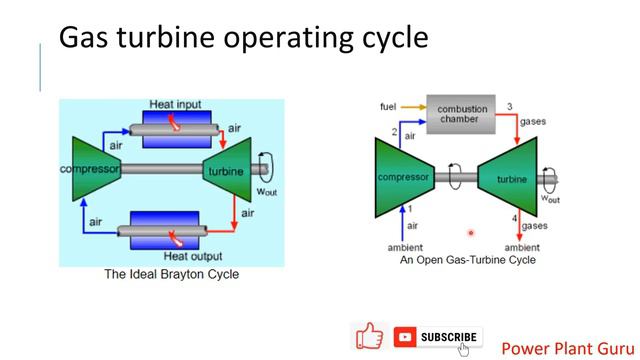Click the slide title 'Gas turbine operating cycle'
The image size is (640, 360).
(244, 38)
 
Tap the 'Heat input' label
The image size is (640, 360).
(175, 103)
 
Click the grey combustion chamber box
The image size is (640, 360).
(460, 113)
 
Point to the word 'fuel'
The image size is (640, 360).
(390, 105)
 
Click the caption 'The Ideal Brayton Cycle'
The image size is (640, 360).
(171, 274)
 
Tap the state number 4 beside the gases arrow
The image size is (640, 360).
(515, 218)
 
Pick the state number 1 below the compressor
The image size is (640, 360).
(410, 209)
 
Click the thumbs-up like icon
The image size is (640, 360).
(369, 337)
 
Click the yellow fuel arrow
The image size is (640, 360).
(412, 105)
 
